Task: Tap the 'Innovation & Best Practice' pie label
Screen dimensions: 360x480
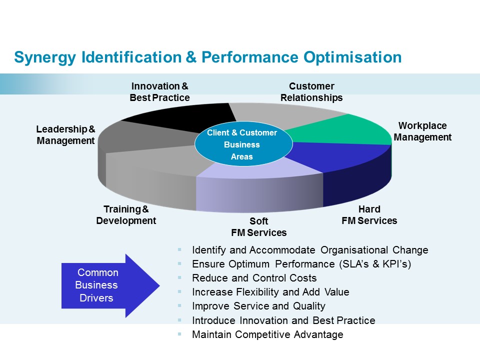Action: [x=159, y=92]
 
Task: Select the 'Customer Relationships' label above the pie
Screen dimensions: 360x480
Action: [x=311, y=92]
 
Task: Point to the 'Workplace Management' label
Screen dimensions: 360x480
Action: [x=422, y=131]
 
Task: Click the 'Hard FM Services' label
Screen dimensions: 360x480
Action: [x=369, y=215]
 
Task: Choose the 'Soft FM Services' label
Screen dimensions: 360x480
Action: [x=258, y=227]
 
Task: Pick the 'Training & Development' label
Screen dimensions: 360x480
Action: [x=126, y=215]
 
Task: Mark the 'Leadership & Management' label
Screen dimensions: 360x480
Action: [x=65, y=135]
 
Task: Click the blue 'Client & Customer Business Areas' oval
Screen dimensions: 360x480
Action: [x=242, y=145]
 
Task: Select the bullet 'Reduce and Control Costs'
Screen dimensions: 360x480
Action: [x=254, y=278]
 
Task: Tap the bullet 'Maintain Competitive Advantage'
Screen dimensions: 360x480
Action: [x=267, y=334]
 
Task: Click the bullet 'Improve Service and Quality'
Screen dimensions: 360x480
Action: [x=258, y=306]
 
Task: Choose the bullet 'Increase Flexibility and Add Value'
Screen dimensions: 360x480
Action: [x=270, y=292]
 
